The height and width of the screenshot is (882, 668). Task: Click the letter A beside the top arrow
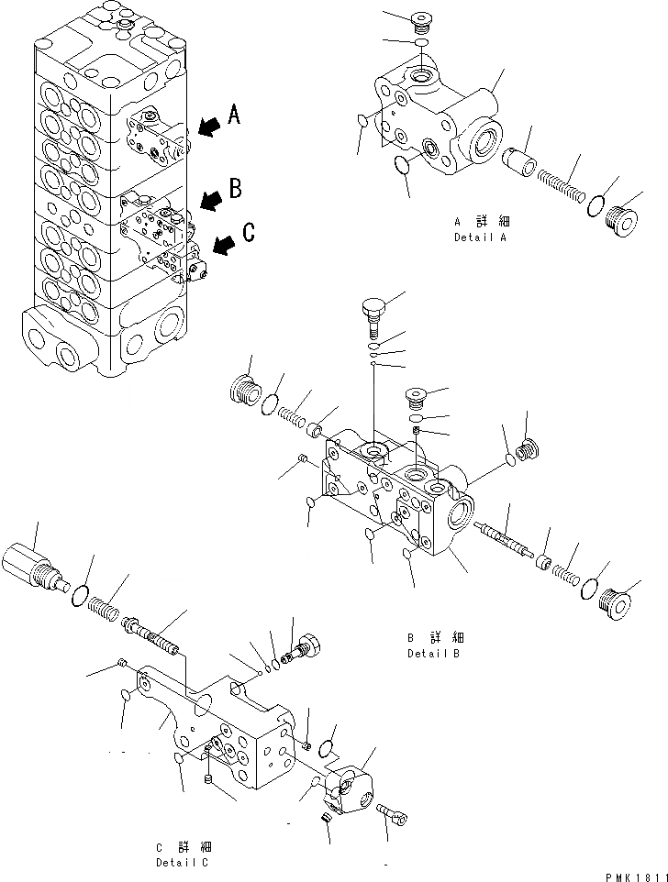coord(234,115)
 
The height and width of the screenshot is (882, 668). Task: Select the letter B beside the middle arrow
coord(235,189)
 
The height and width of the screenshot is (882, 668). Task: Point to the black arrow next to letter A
coord(209,126)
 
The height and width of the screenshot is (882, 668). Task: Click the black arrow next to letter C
coord(222,245)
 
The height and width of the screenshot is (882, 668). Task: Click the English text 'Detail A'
coord(481,237)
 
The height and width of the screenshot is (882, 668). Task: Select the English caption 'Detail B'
coord(433,654)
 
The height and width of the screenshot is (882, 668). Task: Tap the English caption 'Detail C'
coord(181,862)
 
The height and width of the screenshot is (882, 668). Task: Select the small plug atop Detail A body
coord(422,20)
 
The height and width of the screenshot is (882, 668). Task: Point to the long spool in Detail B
coord(504,539)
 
